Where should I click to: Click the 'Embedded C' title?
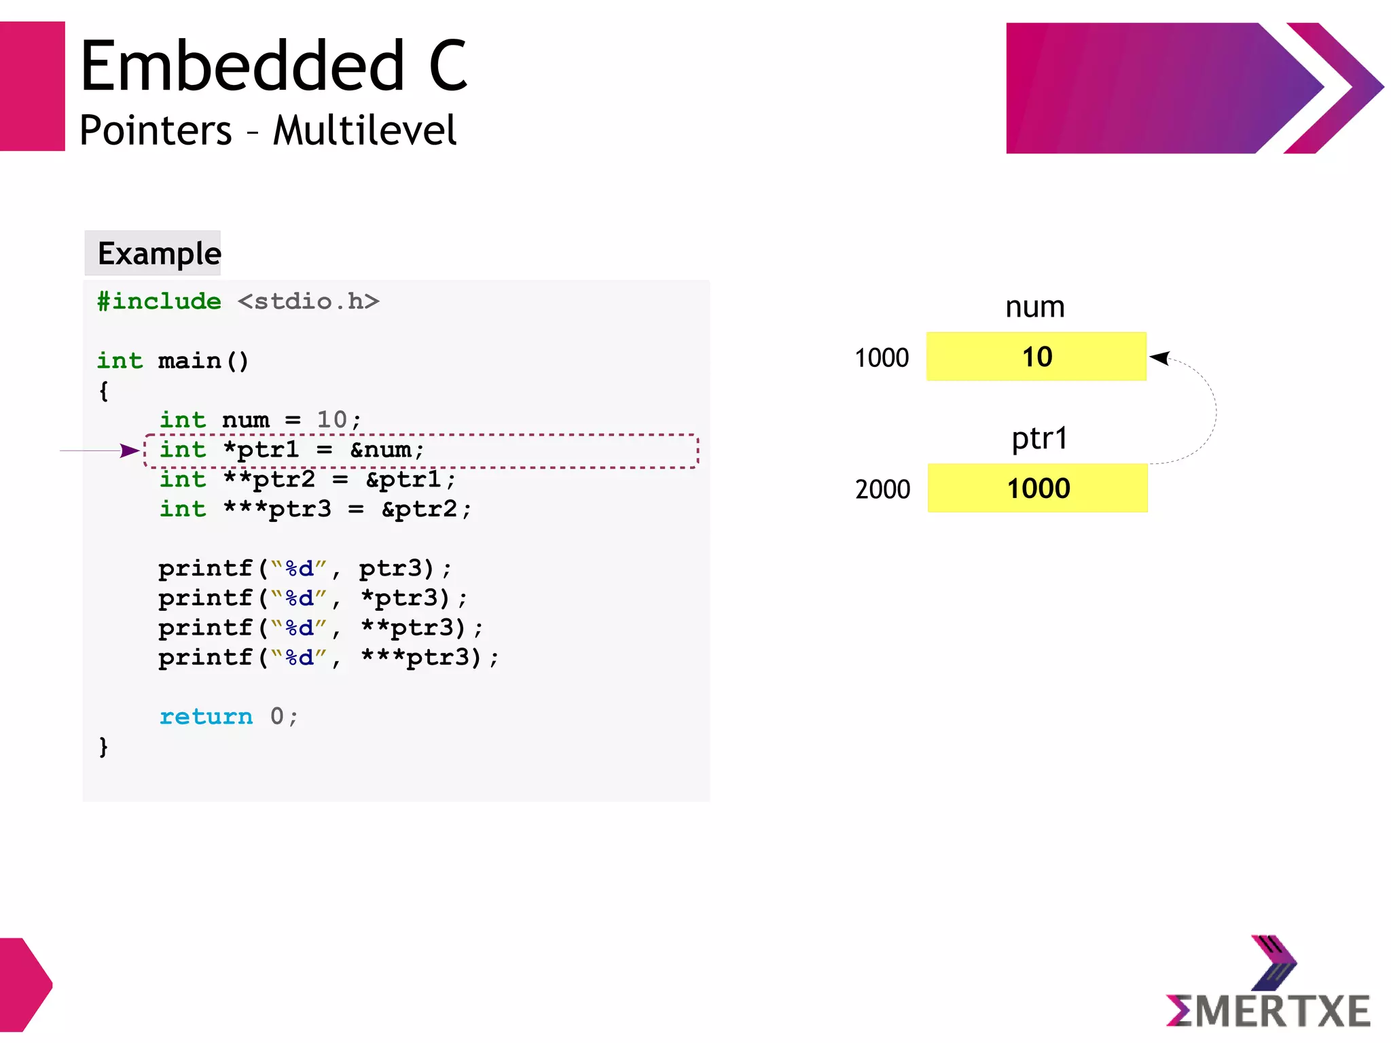click(x=274, y=66)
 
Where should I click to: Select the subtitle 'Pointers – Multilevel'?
click(x=268, y=130)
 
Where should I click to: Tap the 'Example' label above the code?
click(x=159, y=253)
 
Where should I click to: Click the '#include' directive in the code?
click(x=159, y=301)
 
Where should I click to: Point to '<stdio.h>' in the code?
click(x=308, y=301)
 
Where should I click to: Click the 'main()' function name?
click(x=203, y=360)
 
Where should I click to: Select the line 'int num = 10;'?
click(x=259, y=419)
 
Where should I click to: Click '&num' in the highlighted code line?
click(x=382, y=450)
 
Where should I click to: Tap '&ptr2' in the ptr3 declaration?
click(x=420, y=509)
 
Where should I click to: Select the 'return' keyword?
click(x=206, y=716)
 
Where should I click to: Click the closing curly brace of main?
click(x=103, y=746)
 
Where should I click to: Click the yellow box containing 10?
click(x=1036, y=357)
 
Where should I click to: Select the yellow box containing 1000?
click(x=1037, y=489)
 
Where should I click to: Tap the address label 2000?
click(x=882, y=489)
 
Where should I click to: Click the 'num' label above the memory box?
click(x=1034, y=307)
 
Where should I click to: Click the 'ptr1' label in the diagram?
click(x=1039, y=438)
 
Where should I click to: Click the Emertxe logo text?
click(x=1268, y=1011)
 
